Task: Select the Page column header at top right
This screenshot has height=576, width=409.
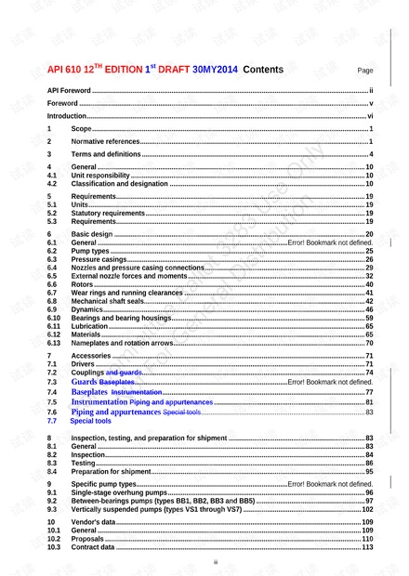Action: (x=365, y=71)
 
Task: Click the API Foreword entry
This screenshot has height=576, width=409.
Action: (x=70, y=91)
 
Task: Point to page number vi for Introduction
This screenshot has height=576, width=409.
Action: (x=370, y=117)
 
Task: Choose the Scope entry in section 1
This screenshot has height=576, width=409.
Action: (x=82, y=129)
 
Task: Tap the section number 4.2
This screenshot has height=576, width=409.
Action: (x=53, y=184)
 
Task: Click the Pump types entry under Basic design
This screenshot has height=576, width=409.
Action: (x=92, y=251)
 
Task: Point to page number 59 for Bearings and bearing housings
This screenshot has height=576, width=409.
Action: (x=369, y=319)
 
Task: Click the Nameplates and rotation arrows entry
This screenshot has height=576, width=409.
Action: (x=122, y=344)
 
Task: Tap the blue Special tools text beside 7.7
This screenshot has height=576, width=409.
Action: (x=90, y=421)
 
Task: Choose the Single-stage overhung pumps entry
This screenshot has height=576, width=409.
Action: (x=116, y=493)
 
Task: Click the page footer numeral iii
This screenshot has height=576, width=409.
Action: (x=215, y=562)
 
